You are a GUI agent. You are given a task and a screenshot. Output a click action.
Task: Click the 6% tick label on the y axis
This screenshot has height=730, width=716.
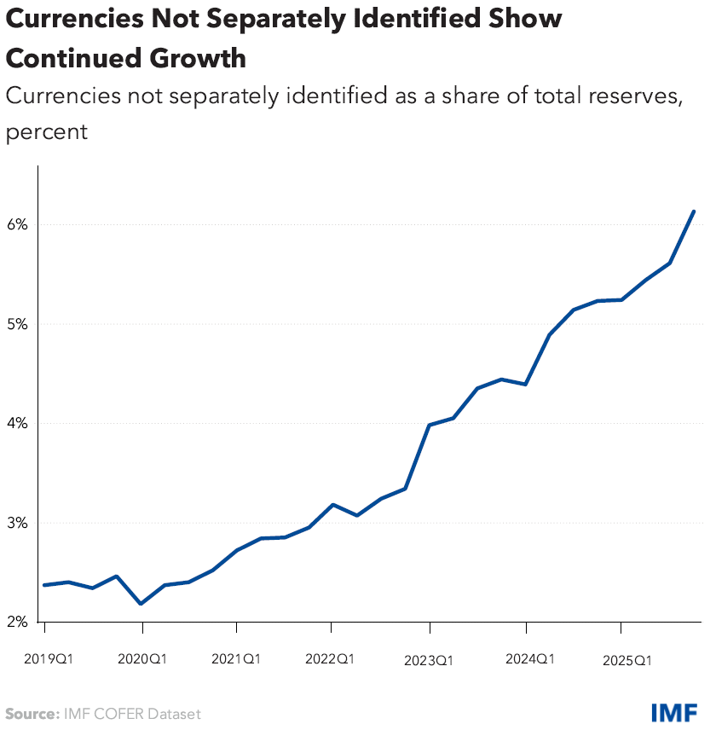[x=19, y=225]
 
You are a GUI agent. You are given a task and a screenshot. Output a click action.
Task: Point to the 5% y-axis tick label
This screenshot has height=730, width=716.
[x=19, y=324]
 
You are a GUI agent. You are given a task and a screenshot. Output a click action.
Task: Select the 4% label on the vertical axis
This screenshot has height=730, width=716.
[x=19, y=424]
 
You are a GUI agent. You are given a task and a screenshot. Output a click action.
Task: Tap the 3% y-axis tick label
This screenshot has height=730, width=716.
[x=19, y=523]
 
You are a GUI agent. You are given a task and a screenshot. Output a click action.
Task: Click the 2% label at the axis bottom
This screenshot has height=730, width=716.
[x=19, y=623]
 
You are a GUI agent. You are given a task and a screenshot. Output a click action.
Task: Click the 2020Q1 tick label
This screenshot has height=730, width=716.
[x=141, y=659]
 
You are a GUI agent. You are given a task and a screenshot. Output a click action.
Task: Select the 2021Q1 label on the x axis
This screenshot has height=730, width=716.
[x=236, y=659]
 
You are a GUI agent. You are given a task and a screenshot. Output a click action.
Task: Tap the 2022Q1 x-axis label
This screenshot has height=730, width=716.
[x=331, y=659]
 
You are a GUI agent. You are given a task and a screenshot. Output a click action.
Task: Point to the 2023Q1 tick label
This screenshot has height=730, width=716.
[x=430, y=660]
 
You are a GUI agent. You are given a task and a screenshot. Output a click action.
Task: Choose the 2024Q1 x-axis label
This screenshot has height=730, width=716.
[x=529, y=659]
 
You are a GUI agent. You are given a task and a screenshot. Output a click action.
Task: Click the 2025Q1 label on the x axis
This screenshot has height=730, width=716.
[x=626, y=660]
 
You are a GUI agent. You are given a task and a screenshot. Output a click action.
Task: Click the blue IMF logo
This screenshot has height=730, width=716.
[x=675, y=713]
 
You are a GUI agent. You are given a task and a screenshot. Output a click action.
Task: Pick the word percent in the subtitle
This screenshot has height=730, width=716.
[x=47, y=133]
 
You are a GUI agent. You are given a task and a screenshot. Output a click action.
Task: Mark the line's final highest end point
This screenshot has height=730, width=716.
[x=694, y=211]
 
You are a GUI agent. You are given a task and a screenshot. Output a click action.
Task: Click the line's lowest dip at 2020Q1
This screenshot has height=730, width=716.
[x=141, y=604]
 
